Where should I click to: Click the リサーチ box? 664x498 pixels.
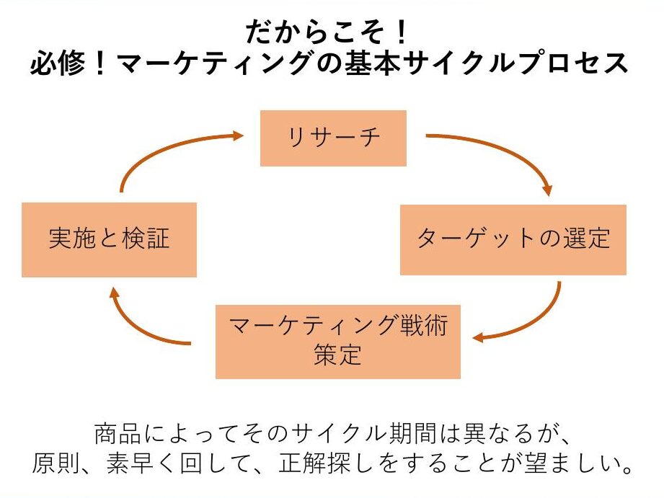point(333,138)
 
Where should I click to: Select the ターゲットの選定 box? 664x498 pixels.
point(513,239)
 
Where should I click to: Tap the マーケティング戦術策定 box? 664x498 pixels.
point(337,342)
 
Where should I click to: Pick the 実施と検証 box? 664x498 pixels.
point(109,239)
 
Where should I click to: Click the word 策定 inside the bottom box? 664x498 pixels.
point(337,355)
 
